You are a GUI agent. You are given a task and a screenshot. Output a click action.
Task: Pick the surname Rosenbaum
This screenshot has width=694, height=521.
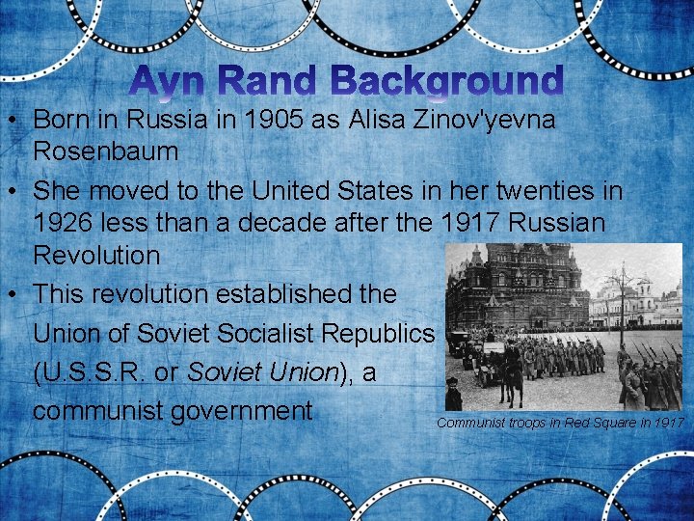(106, 151)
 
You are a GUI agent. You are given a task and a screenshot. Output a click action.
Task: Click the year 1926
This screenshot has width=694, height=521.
(71, 223)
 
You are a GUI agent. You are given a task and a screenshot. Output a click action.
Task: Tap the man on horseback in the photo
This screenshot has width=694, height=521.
(512, 367)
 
